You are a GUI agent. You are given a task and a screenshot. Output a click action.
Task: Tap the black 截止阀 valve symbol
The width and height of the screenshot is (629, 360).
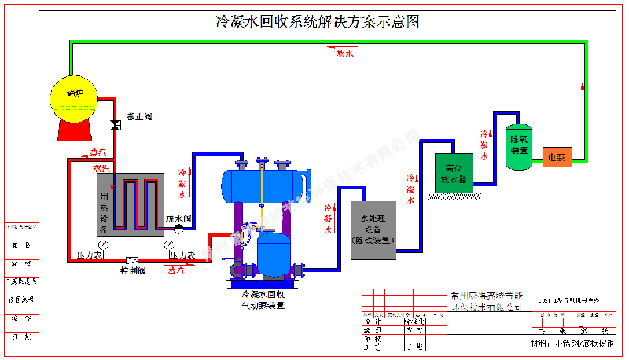[115, 125]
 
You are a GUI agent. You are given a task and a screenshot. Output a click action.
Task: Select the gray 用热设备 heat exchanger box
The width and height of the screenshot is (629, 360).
[130, 204]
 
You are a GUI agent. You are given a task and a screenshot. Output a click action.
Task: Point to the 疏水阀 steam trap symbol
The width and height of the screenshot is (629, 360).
[178, 228]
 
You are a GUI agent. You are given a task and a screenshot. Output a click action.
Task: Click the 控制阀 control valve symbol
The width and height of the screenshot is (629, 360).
[131, 259]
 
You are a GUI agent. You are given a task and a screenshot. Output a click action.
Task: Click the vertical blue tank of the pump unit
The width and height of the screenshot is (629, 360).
[274, 249]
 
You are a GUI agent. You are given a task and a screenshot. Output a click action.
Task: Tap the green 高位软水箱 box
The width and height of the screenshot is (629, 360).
[451, 173]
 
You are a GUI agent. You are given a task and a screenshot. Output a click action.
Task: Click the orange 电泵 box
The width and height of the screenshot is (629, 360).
[559, 156]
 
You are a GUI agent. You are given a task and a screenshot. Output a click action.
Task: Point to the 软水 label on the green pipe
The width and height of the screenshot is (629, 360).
[345, 53]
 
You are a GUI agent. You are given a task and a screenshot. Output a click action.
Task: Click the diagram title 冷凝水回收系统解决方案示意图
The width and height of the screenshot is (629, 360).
[318, 22]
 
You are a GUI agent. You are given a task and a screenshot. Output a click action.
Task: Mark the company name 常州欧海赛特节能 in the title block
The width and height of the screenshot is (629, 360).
[481, 296]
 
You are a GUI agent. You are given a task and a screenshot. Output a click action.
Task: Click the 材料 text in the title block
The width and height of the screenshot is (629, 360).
[543, 343]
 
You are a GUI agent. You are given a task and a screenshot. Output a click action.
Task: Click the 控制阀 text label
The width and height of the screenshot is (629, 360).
[133, 270]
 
